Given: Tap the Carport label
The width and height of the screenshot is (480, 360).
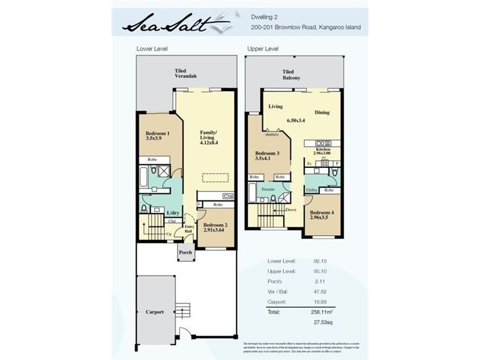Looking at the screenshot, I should coord(154,312).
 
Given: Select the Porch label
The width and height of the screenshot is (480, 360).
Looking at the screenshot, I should coord(186,253).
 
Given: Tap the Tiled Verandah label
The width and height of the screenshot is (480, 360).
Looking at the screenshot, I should coord(185,74).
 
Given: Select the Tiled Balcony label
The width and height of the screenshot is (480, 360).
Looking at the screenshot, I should coord(292,75).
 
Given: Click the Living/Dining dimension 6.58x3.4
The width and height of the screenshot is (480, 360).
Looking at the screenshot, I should coord(296,121).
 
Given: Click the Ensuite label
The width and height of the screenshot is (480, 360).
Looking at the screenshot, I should coord(268,189).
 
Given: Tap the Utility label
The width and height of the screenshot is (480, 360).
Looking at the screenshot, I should coord(311,190).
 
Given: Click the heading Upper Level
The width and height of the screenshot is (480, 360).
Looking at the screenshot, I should coord(263,49).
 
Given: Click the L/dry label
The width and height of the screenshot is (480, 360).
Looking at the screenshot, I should coord(173,213).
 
